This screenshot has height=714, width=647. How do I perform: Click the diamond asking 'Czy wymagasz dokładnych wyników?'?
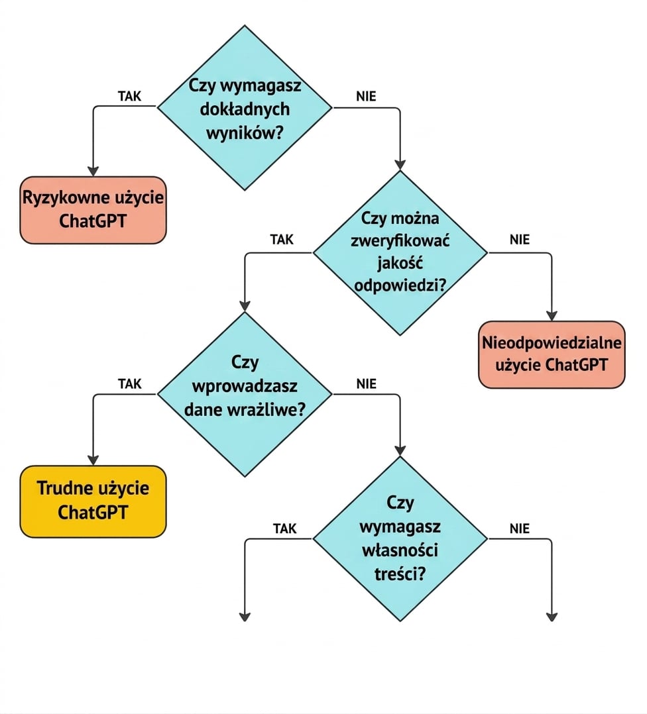[x=245, y=107]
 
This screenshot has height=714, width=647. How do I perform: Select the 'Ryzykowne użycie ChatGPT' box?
[x=93, y=210]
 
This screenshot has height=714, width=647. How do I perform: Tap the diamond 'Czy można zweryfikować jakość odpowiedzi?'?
[x=400, y=253]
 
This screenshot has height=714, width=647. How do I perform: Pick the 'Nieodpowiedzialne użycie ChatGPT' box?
[x=552, y=355]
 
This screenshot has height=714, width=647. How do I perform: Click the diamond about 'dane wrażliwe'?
[x=245, y=394]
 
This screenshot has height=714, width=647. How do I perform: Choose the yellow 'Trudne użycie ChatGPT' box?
[x=93, y=501]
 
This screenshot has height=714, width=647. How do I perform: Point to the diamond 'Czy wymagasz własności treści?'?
[x=400, y=538]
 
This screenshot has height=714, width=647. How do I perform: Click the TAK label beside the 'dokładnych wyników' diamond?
[x=129, y=96]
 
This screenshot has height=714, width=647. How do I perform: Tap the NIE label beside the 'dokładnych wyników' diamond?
[x=366, y=96]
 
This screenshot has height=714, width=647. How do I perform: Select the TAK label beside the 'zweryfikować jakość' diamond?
[x=282, y=240]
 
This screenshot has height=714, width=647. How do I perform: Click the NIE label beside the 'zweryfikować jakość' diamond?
[x=520, y=240]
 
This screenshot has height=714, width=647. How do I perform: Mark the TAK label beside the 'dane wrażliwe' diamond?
[x=129, y=384]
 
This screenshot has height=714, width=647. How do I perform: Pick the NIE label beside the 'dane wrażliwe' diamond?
[x=366, y=384]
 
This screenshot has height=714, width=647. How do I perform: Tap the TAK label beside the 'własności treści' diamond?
[x=285, y=529]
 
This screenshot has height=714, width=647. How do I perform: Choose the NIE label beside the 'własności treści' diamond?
[x=520, y=529]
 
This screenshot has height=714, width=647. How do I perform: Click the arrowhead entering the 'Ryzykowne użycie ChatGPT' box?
[x=93, y=171]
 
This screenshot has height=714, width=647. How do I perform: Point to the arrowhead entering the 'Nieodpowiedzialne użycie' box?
[x=552, y=315]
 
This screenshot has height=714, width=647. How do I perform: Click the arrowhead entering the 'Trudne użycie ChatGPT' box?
[x=93, y=460]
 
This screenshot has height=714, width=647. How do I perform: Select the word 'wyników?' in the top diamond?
[x=245, y=133]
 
